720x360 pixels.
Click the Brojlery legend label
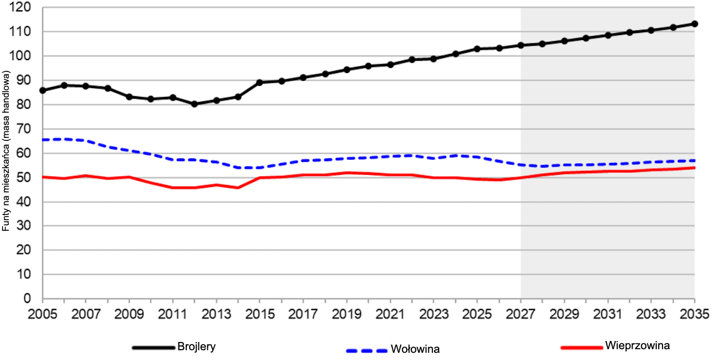pos(196,347)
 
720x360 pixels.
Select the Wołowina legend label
pos(415,350)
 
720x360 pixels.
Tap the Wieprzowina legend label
pos(638,345)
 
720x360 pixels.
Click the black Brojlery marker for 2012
pos(194,104)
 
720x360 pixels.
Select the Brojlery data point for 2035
pos(694,24)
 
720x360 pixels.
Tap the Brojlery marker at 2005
pos(43,91)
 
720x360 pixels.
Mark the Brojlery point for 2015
pos(260,82)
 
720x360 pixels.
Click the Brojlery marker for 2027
pos(520,45)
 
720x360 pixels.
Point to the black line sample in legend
pos(153,348)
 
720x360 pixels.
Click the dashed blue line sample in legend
pos(366,351)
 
